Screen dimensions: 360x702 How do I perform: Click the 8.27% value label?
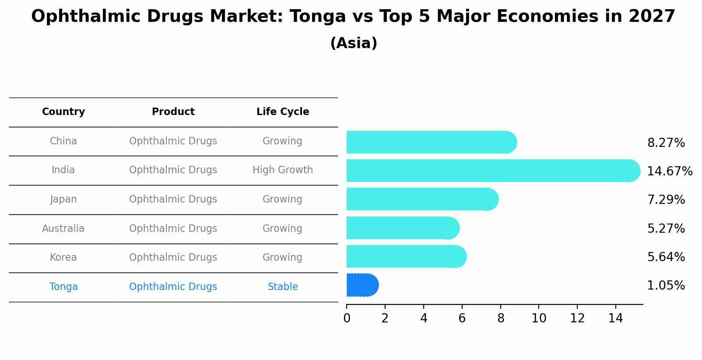666,143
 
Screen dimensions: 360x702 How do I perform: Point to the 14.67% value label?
669,171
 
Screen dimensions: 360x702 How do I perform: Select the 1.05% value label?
666,286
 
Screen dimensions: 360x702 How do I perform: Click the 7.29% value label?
666,200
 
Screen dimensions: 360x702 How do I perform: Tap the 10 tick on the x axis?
539,318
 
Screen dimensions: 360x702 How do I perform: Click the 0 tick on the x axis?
347,318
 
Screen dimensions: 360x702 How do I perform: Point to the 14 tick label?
615,318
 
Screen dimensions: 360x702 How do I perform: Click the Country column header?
63,112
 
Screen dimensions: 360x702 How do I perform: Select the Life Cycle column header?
283,112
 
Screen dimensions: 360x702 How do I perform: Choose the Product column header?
173,112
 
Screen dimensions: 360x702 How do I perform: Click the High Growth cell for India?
283,170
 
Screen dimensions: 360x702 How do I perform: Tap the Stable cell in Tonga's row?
283,287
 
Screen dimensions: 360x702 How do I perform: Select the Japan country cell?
63,199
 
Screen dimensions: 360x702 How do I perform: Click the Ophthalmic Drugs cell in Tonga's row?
173,287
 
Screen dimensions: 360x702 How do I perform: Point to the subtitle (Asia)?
354,43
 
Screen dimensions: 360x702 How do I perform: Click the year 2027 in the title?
652,17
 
